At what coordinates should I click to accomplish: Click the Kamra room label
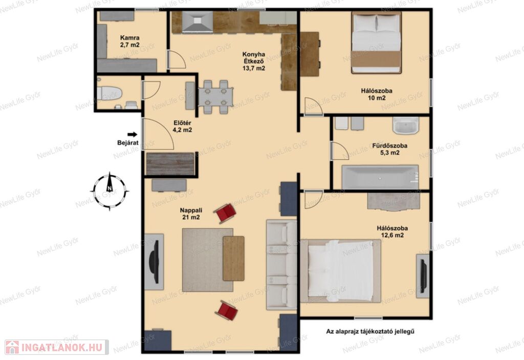(x=130, y=41)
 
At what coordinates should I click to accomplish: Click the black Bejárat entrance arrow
(x=133, y=135)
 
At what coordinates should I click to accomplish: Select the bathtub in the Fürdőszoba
(x=380, y=177)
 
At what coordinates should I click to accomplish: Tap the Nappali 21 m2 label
(x=191, y=214)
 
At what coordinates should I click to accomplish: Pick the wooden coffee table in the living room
(x=233, y=258)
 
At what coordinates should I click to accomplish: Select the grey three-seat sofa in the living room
(x=281, y=264)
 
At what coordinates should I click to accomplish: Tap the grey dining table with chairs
(x=215, y=97)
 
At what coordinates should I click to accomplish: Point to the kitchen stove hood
(x=198, y=22)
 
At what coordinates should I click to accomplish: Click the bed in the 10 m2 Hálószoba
(x=376, y=43)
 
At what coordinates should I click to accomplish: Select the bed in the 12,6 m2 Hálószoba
(x=340, y=271)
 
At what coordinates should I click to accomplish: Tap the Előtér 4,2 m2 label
(x=182, y=126)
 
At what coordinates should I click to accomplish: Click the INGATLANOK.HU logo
(x=57, y=347)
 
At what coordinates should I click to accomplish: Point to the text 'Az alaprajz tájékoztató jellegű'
(x=370, y=331)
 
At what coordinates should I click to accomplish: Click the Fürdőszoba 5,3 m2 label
(x=389, y=149)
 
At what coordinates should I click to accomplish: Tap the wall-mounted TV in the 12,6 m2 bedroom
(x=423, y=277)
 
